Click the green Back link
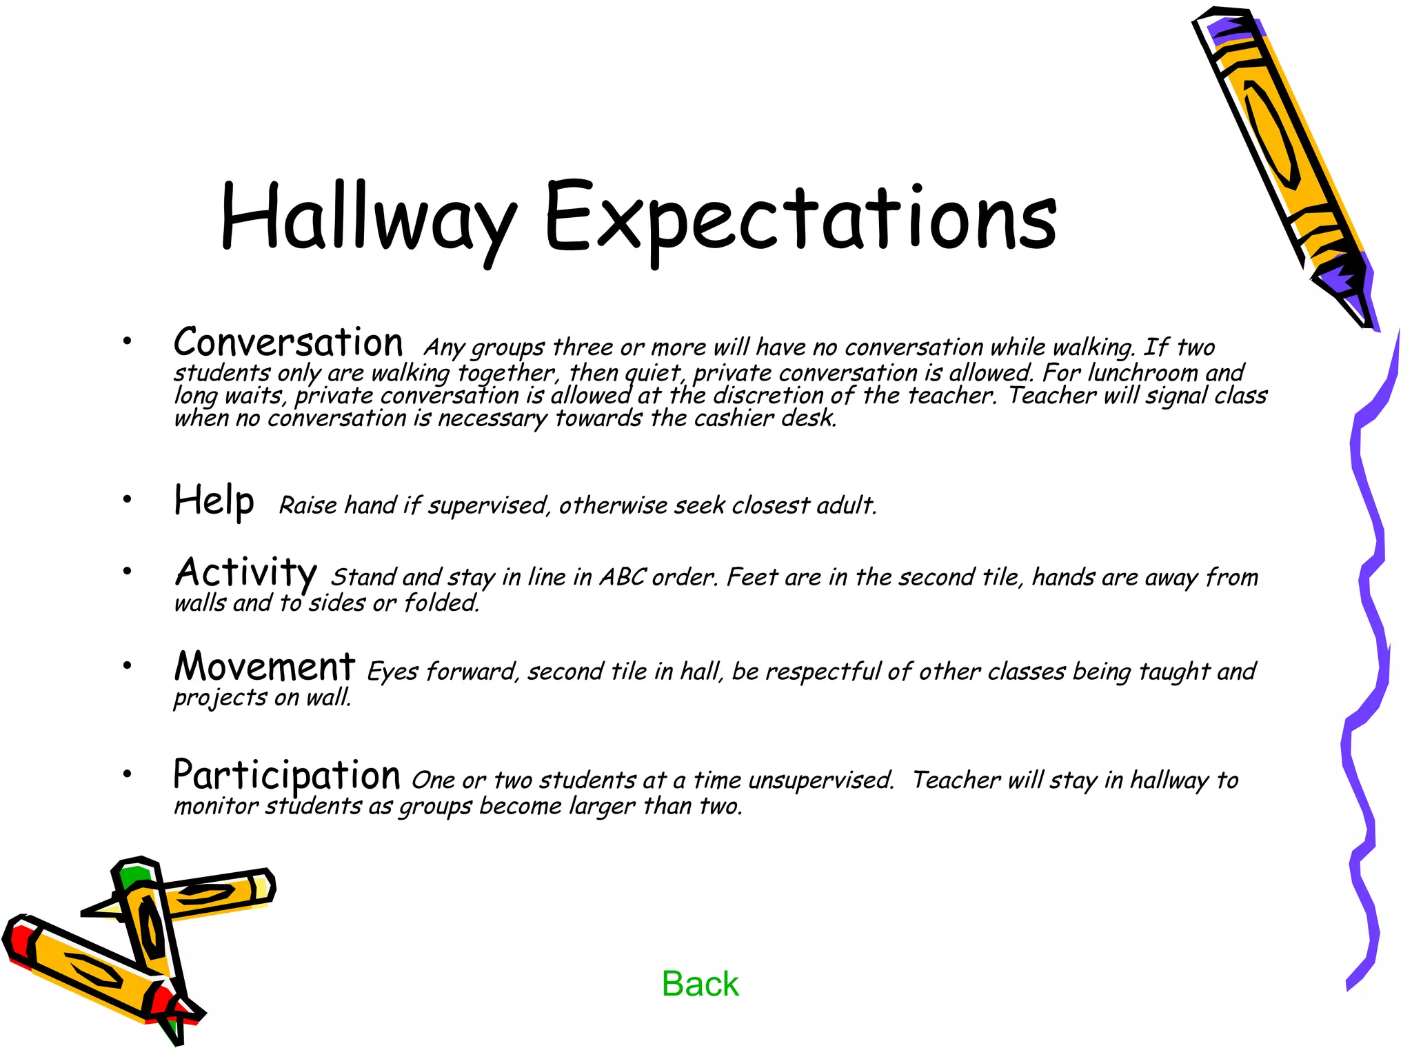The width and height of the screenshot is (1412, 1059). (700, 984)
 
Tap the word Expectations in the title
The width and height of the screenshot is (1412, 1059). (800, 217)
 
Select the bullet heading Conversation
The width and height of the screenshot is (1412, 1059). (288, 343)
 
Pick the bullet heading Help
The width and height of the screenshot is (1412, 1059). (214, 501)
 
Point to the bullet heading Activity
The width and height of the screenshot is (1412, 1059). (245, 572)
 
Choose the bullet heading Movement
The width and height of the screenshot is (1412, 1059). (265, 667)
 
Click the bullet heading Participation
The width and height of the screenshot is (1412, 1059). (287, 775)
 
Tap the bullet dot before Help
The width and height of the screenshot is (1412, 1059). (127, 499)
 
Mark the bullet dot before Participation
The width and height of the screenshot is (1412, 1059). (127, 774)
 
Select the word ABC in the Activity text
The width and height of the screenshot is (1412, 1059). (623, 577)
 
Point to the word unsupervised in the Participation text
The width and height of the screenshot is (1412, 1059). (820, 780)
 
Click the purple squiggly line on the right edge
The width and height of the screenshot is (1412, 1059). (1362, 621)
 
